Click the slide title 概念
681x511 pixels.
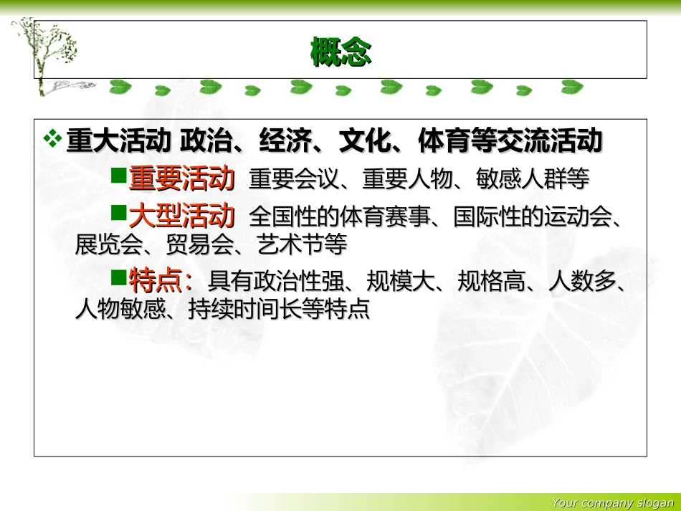340,52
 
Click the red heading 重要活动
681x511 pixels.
182,179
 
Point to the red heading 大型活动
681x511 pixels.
182,215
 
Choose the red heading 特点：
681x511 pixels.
161,280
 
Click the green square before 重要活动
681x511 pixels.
118,175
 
